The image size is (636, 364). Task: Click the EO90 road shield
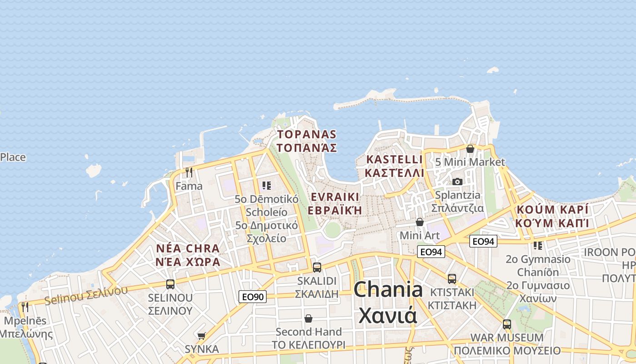pos(253,297)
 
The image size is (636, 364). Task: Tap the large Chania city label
pos(388,302)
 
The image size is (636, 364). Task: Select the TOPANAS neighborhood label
pos(307,141)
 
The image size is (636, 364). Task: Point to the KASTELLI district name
pos(394,166)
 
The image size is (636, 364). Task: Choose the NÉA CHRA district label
pos(188,255)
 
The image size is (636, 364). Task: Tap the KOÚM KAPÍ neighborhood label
pos(552,216)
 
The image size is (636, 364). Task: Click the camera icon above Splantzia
pos(457,182)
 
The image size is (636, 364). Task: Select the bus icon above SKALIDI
pos(317,267)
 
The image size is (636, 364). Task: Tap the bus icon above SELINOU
pos(170,284)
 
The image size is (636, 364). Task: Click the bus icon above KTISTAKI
pos(452,278)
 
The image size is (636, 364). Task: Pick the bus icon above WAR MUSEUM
pos(507,324)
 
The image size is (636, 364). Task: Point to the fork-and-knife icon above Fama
pos(189,172)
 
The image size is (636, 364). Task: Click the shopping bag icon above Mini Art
pos(420,222)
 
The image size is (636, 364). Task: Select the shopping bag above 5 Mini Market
pos(470,149)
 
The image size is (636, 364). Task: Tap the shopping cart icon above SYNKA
pos(201,336)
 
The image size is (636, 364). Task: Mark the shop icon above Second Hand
pos(308,318)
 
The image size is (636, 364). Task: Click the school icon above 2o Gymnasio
pos(538,246)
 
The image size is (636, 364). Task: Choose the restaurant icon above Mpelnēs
pos(25,307)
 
